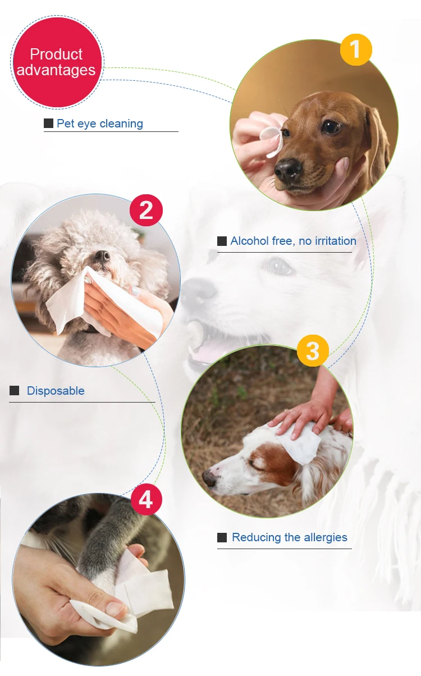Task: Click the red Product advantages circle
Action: click(x=57, y=62)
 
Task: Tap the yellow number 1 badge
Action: click(x=356, y=49)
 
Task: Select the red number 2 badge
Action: click(x=146, y=210)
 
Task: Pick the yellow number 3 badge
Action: click(x=313, y=350)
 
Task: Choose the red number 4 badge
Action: click(x=147, y=500)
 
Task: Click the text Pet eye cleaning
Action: click(x=100, y=124)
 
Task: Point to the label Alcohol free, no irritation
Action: click(x=294, y=241)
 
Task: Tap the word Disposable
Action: click(x=56, y=391)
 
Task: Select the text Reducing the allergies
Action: click(x=290, y=537)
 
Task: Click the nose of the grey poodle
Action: click(x=103, y=256)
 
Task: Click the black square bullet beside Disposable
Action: click(x=14, y=390)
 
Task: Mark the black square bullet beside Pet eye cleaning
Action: click(x=49, y=123)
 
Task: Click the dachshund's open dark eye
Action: click(x=331, y=126)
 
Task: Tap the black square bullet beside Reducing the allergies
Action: click(x=222, y=537)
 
